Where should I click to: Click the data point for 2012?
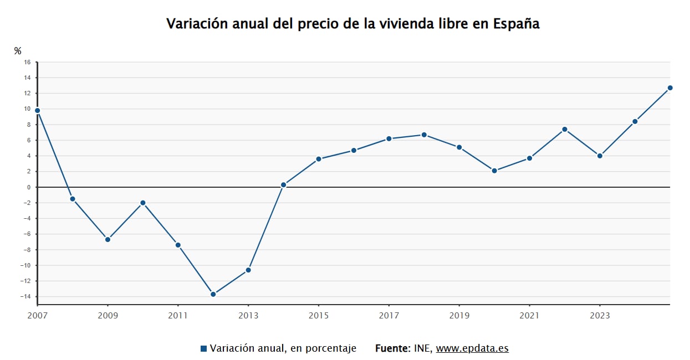click(213, 295)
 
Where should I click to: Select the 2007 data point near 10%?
click(38, 111)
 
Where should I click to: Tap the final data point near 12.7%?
click(670, 88)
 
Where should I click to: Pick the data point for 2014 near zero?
click(283, 185)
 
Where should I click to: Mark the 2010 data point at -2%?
click(143, 203)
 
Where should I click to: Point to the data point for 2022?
click(565, 130)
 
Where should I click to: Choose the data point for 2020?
click(494, 171)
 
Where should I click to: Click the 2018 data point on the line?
click(424, 135)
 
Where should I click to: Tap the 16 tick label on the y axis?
click(27, 62)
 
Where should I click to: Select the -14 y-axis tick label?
click(25, 296)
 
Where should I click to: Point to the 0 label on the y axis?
click(29, 187)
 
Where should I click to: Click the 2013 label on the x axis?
click(248, 316)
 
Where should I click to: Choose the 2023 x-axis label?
click(600, 316)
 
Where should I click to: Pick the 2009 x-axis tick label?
click(108, 316)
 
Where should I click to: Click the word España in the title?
click(517, 24)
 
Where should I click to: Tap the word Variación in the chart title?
click(197, 24)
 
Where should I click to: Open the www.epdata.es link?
click(472, 348)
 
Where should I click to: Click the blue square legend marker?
click(203, 348)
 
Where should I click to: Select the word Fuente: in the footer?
click(393, 348)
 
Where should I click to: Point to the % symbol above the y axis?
click(18, 51)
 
